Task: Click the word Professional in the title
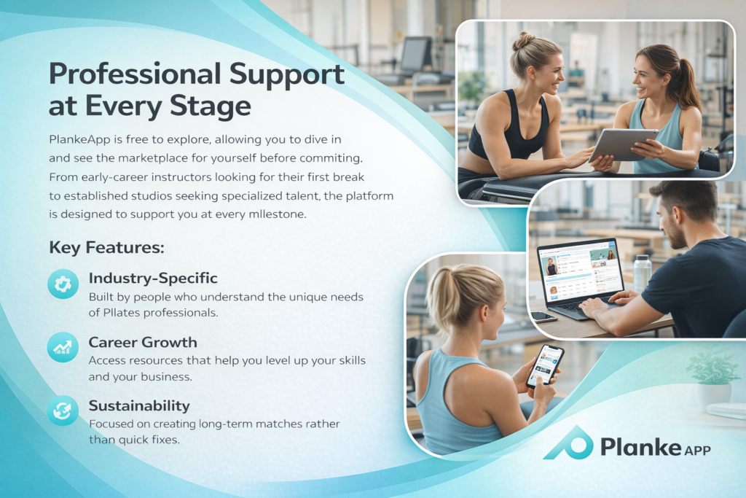pyautogui.click(x=135, y=74)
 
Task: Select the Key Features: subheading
pyautogui.click(x=106, y=248)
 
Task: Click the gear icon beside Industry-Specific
pyautogui.click(x=63, y=284)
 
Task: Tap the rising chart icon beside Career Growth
pyautogui.click(x=63, y=348)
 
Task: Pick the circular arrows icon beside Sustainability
pyautogui.click(x=63, y=411)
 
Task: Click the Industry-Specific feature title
pyautogui.click(x=153, y=278)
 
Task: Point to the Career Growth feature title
pyautogui.click(x=143, y=342)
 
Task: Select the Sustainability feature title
pyautogui.click(x=139, y=405)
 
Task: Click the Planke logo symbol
pyautogui.click(x=569, y=443)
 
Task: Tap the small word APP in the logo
pyautogui.click(x=697, y=450)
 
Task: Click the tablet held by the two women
pyautogui.click(x=622, y=144)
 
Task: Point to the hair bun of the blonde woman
pyautogui.click(x=524, y=41)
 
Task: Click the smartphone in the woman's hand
pyautogui.click(x=545, y=365)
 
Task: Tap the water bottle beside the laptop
pyautogui.click(x=643, y=273)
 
